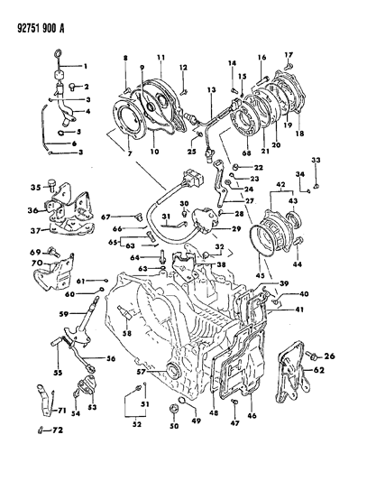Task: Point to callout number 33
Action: [x=316, y=160]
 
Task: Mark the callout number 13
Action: [x=212, y=91]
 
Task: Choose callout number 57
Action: [x=140, y=370]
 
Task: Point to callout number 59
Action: [x=65, y=314]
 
